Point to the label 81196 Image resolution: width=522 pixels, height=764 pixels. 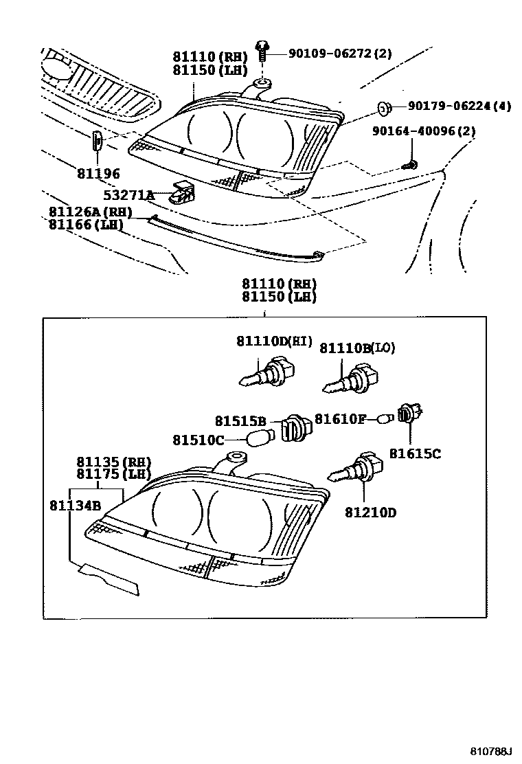[x=98, y=174]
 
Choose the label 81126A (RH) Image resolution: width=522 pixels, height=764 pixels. [x=90, y=212]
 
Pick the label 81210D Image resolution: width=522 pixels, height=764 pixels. [x=371, y=511]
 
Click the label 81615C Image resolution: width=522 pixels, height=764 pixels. [x=415, y=453]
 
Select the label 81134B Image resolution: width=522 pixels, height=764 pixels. [x=75, y=506]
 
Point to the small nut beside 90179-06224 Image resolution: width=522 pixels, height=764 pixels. [x=385, y=106]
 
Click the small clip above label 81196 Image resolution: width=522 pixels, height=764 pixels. [x=98, y=142]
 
